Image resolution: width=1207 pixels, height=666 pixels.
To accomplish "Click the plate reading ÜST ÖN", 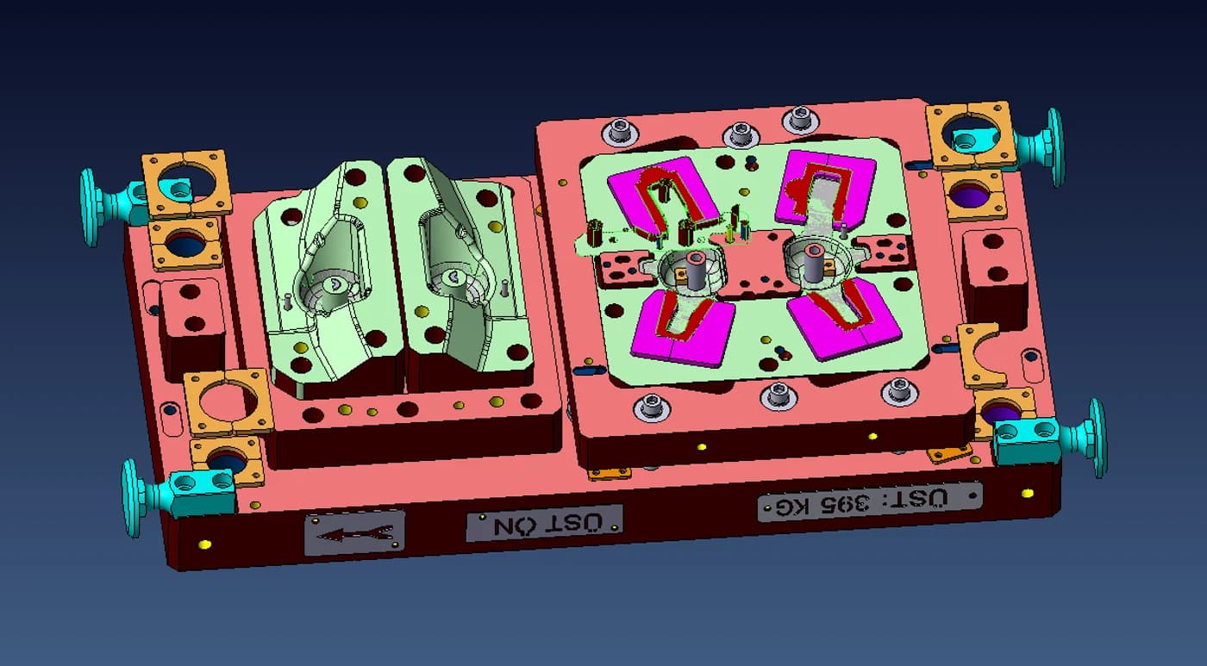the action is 544,523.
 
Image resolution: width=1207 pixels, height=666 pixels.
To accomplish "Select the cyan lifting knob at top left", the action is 108,203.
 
